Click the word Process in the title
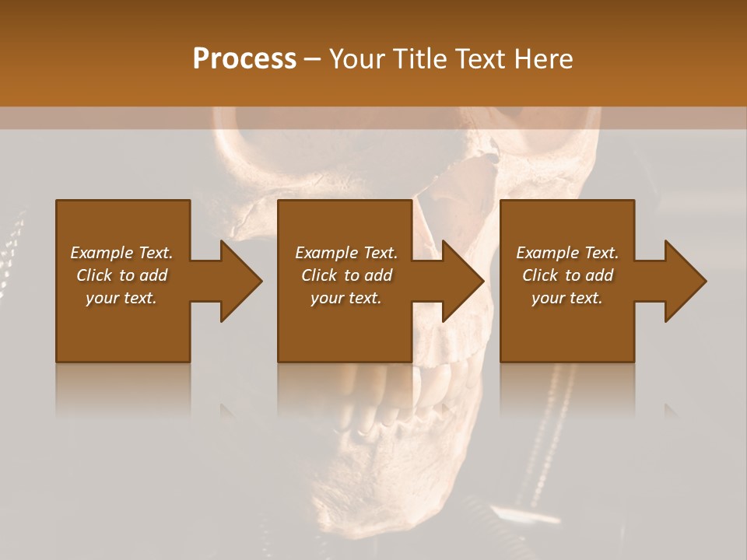tap(244, 59)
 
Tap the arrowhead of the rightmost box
tap(684, 281)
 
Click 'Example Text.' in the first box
tap(121, 253)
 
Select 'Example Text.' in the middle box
tap(346, 253)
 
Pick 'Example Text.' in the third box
tap(567, 253)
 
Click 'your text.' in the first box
tap(121, 298)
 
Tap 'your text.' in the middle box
tap(346, 298)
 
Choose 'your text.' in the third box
tap(567, 298)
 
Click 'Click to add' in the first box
tap(121, 275)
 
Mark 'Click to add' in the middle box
tap(346, 275)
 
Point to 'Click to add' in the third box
tap(567, 275)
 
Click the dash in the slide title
tap(313, 60)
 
